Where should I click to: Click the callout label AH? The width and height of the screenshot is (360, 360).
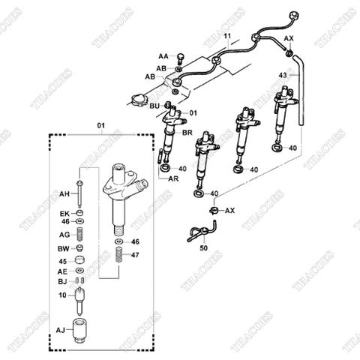pyautogui.click(x=64, y=193)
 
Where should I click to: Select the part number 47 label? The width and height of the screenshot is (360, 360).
pyautogui.click(x=136, y=255)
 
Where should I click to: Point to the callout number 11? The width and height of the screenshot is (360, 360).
pyautogui.click(x=227, y=35)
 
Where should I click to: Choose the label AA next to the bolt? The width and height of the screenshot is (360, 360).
pyautogui.click(x=163, y=56)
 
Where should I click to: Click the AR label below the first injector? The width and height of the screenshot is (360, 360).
pyautogui.click(x=172, y=180)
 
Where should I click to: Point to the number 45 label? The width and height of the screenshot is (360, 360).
pyautogui.click(x=64, y=260)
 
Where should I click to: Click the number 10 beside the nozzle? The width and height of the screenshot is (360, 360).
pyautogui.click(x=64, y=295)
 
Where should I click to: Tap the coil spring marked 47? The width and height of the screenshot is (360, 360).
pyautogui.click(x=118, y=256)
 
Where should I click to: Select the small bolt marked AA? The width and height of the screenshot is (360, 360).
pyautogui.click(x=180, y=58)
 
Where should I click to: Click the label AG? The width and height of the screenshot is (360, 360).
pyautogui.click(x=64, y=235)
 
